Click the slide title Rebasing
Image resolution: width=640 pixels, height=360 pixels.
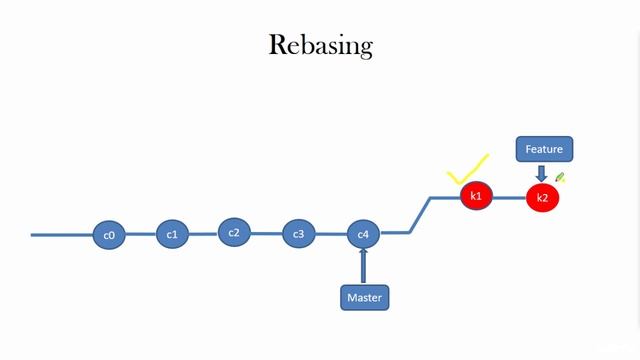pos(320,46)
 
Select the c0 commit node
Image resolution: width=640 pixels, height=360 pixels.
pos(109,236)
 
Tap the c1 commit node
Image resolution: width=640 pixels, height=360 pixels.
pos(172,235)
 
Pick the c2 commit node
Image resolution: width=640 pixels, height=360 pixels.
pos(233,233)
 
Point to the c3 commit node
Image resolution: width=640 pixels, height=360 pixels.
pos(298,235)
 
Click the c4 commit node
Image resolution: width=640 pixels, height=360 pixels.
pos(363,235)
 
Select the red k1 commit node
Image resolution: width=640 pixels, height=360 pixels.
pos(476,196)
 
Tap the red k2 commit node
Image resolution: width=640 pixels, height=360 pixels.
pos(542,198)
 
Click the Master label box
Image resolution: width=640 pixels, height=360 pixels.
pos(364,297)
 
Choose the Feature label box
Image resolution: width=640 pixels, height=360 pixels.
pos(545,150)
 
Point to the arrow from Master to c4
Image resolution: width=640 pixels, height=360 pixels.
pos(363,266)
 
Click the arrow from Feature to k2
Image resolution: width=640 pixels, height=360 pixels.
pos(542,173)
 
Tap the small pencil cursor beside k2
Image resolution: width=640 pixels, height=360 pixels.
pos(560,179)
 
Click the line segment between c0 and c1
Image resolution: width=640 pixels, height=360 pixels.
pos(141,235)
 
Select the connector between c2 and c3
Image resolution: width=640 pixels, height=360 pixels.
pos(265,234)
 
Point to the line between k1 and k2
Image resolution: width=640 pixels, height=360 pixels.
pos(509,197)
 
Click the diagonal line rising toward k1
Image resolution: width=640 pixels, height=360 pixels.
pos(421,214)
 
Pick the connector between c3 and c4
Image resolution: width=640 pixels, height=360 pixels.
pos(331,235)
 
